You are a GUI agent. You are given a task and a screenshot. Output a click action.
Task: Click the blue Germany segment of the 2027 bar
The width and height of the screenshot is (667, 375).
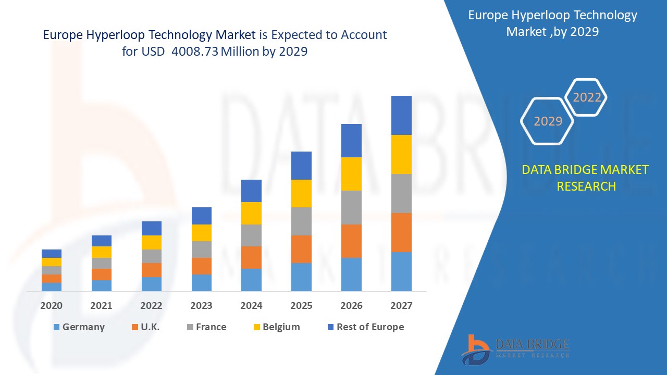[401, 271]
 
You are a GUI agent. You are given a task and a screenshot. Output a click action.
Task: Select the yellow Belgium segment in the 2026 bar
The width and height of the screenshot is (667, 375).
[351, 174]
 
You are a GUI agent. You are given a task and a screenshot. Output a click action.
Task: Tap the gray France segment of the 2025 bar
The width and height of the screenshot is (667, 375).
[301, 221]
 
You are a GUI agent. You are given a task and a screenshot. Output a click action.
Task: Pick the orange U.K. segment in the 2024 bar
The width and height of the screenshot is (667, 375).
[251, 257]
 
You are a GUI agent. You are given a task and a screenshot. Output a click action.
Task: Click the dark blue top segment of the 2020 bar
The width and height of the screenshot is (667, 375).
[52, 254]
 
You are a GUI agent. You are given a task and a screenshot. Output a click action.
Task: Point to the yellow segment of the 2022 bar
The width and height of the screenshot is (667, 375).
[152, 242]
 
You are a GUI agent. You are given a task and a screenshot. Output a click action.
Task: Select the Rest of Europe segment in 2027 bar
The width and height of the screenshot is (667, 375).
[401, 115]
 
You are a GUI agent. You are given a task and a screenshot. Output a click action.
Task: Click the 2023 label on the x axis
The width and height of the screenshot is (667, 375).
[201, 306]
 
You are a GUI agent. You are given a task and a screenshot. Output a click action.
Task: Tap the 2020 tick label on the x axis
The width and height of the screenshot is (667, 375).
[52, 306]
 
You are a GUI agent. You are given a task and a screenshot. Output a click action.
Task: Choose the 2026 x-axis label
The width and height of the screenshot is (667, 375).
[351, 306]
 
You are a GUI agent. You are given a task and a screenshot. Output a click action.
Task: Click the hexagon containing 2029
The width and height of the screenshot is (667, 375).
[547, 121]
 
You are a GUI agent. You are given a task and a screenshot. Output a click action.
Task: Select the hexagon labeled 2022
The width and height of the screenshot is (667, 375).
[587, 97]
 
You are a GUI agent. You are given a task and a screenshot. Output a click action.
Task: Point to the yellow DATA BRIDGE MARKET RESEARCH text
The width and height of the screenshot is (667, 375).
[586, 178]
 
